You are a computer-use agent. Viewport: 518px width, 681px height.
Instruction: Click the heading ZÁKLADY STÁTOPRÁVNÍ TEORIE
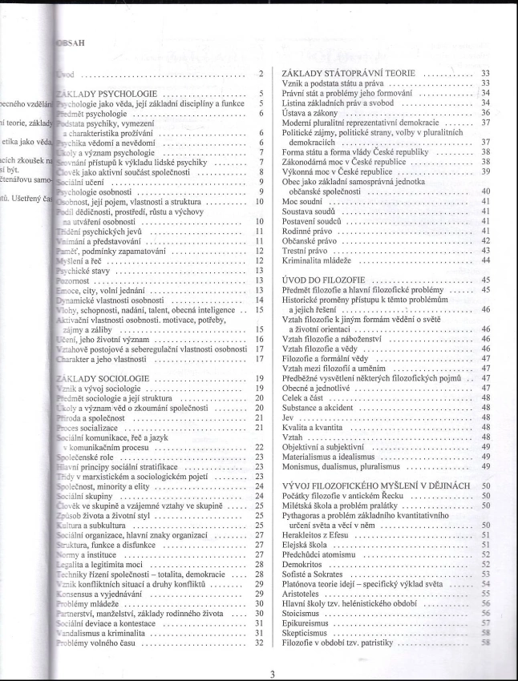click(334, 74)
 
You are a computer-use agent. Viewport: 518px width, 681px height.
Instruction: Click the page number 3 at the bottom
click(273, 673)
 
